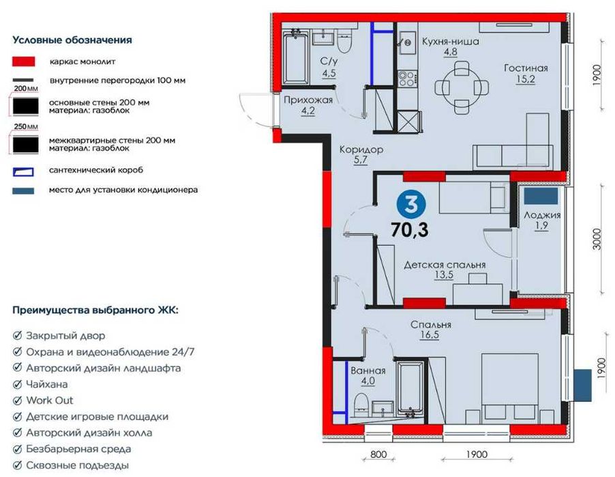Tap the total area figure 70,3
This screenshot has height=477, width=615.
point(410,229)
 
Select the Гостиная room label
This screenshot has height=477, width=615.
point(526,68)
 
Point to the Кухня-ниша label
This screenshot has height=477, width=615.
point(450,41)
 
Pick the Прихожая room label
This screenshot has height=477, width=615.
point(308,100)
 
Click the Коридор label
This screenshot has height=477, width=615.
point(361,149)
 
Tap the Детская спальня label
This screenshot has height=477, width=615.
point(445,265)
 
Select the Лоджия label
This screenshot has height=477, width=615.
point(542,215)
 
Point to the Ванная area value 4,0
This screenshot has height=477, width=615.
point(368,381)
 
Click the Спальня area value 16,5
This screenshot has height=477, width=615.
point(430,335)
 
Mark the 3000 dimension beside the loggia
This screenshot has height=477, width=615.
point(597,239)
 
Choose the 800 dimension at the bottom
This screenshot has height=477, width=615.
point(378,454)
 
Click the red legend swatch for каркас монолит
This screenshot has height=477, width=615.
point(24,61)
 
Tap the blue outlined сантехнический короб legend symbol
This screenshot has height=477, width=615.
point(24,171)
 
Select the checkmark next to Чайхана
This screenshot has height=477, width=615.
point(17,384)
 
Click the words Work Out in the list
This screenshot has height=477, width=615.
point(50,401)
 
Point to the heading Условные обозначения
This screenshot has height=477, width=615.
point(72,40)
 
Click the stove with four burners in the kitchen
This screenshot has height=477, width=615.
point(407,78)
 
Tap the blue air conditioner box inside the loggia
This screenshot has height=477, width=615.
point(541,196)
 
